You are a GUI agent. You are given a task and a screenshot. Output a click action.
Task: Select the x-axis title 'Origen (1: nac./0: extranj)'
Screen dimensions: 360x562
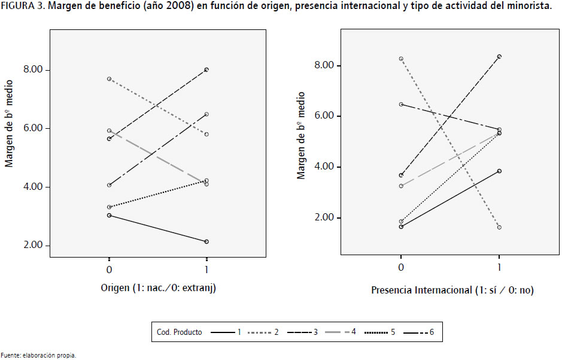pyautogui.click(x=158, y=289)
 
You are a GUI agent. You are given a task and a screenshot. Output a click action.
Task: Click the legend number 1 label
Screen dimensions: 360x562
pyautogui.click(x=239, y=331)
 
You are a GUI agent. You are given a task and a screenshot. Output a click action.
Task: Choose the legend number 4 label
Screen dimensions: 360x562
pyautogui.click(x=354, y=331)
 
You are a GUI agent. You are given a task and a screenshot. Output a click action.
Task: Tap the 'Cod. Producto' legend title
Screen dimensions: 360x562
pyautogui.click(x=179, y=331)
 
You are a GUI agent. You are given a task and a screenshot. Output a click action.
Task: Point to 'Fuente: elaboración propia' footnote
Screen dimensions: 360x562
pyautogui.click(x=38, y=355)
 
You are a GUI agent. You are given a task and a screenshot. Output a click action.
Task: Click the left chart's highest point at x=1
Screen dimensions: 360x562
pyautogui.click(x=206, y=69)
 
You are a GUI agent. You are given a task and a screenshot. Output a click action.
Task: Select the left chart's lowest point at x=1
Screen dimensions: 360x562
pyautogui.click(x=206, y=241)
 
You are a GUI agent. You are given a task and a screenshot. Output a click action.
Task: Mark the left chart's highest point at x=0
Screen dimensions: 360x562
pyautogui.click(x=109, y=79)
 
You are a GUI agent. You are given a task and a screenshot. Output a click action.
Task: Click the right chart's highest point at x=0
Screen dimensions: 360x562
pyautogui.click(x=401, y=59)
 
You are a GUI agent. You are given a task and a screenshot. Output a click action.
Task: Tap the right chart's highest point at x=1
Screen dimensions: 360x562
pyautogui.click(x=499, y=56)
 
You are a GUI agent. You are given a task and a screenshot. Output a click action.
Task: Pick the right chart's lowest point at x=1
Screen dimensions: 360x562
pyautogui.click(x=499, y=227)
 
